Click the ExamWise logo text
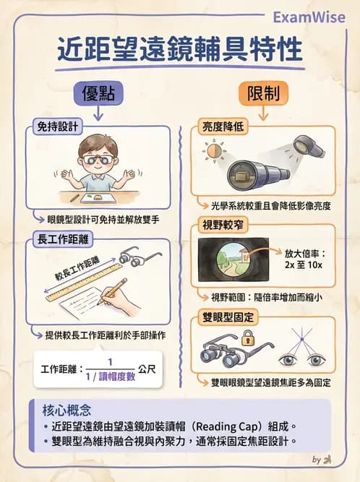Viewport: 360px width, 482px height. (312, 17)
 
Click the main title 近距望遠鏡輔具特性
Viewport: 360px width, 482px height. (179, 52)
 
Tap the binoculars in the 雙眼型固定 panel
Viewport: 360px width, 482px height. (220, 355)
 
